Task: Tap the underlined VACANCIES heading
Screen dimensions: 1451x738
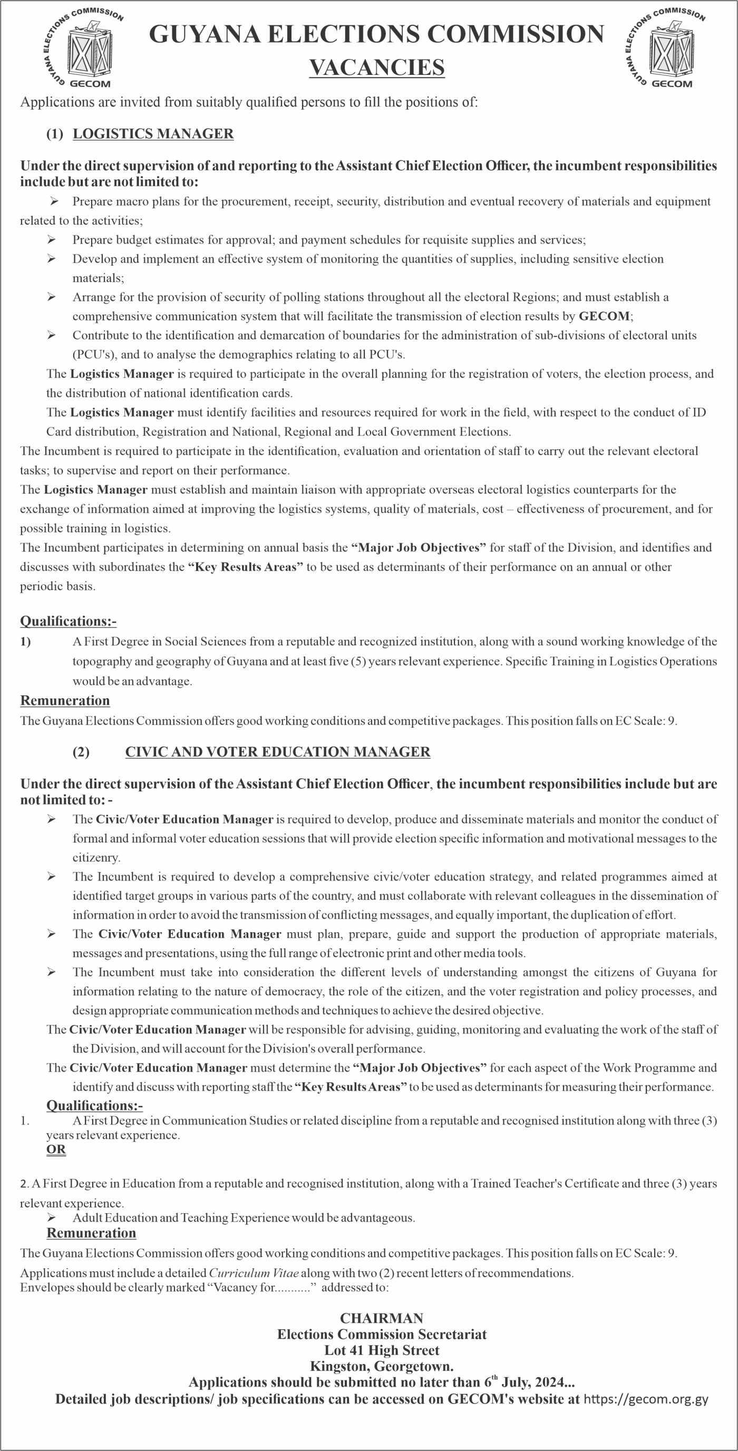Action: tap(377, 68)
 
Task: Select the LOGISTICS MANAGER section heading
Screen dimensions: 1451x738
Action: tap(153, 134)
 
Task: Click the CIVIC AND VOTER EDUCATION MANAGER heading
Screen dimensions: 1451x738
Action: tap(278, 752)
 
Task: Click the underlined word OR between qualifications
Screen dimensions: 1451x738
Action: tap(56, 1149)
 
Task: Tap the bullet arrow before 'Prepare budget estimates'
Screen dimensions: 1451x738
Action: tap(51, 240)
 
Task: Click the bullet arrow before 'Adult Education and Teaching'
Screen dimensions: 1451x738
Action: tap(51, 1218)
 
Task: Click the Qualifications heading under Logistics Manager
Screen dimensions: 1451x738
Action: tap(68, 621)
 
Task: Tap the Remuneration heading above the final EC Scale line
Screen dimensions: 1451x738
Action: tap(91, 1233)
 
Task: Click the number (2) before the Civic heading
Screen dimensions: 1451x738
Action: tap(81, 752)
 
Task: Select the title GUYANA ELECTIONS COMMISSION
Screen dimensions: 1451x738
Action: tap(376, 35)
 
